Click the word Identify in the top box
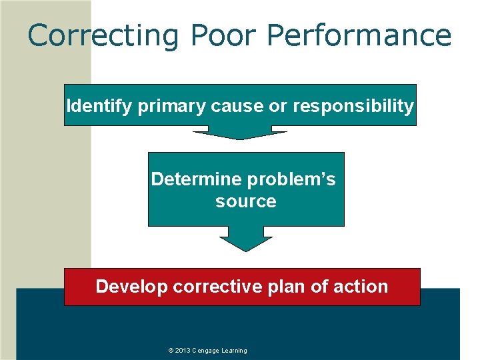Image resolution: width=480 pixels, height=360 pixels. coord(99,105)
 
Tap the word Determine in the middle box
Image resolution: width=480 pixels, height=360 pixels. coord(197,179)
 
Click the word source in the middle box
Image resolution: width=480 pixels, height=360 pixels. coord(245,201)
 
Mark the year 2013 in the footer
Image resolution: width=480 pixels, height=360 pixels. coord(183,351)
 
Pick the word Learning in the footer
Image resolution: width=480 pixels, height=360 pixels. coord(235,351)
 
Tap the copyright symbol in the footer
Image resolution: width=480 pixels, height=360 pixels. coord(171,351)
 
